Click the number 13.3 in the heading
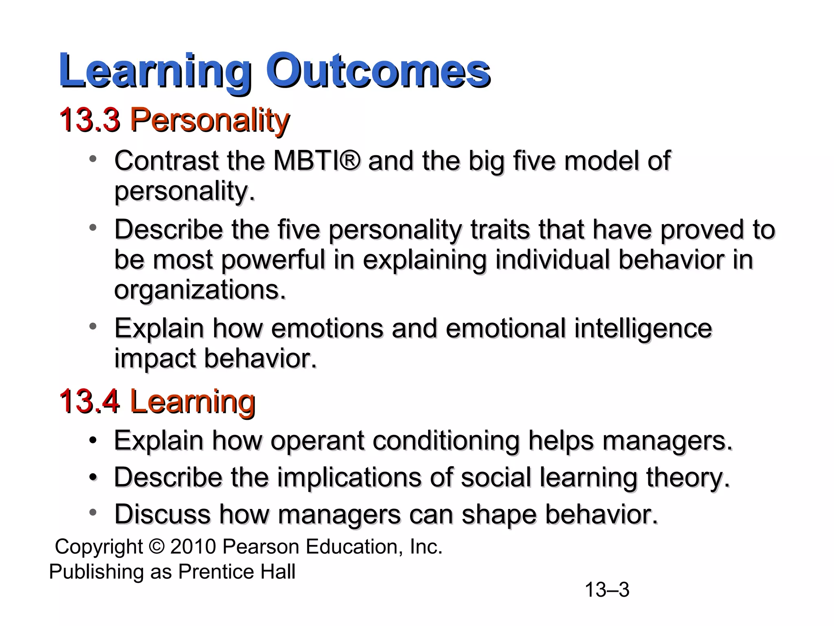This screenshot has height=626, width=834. [90, 120]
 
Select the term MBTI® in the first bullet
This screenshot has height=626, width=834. [317, 161]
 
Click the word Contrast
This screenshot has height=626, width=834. [167, 161]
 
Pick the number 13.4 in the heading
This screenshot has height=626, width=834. [90, 401]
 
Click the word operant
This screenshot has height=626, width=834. [317, 441]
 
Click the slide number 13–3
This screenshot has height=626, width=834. [607, 590]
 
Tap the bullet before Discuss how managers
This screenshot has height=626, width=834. [93, 513]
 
